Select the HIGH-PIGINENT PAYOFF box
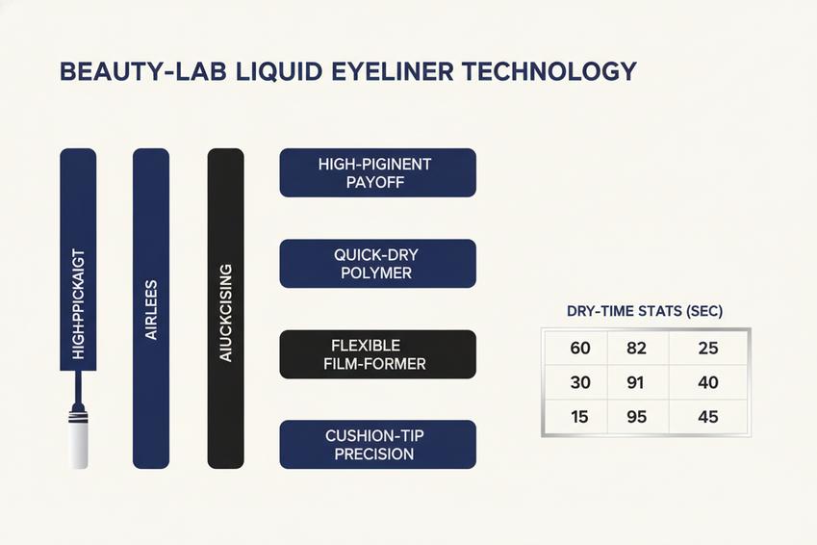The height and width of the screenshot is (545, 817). (x=378, y=172)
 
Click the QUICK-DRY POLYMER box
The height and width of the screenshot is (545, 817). (x=378, y=264)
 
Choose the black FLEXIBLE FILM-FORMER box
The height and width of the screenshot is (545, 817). (x=378, y=354)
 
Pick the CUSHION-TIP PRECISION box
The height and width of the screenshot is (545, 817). (x=378, y=444)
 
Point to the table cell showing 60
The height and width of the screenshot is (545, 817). (x=576, y=348)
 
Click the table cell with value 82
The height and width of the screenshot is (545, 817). (x=638, y=348)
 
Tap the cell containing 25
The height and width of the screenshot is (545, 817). (x=708, y=348)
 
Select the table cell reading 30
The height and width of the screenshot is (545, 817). (x=576, y=382)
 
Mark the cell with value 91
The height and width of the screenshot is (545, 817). (x=638, y=382)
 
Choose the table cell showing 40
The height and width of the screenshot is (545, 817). (x=708, y=382)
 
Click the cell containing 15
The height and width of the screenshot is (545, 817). (x=576, y=417)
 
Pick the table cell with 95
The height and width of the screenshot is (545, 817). (x=638, y=417)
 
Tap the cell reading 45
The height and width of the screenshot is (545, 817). (x=708, y=417)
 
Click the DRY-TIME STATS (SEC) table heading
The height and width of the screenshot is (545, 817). (x=645, y=311)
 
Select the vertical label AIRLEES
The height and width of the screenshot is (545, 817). (x=151, y=310)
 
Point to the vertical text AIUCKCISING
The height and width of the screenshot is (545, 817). (x=225, y=312)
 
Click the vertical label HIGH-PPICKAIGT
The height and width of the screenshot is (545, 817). (x=78, y=304)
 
